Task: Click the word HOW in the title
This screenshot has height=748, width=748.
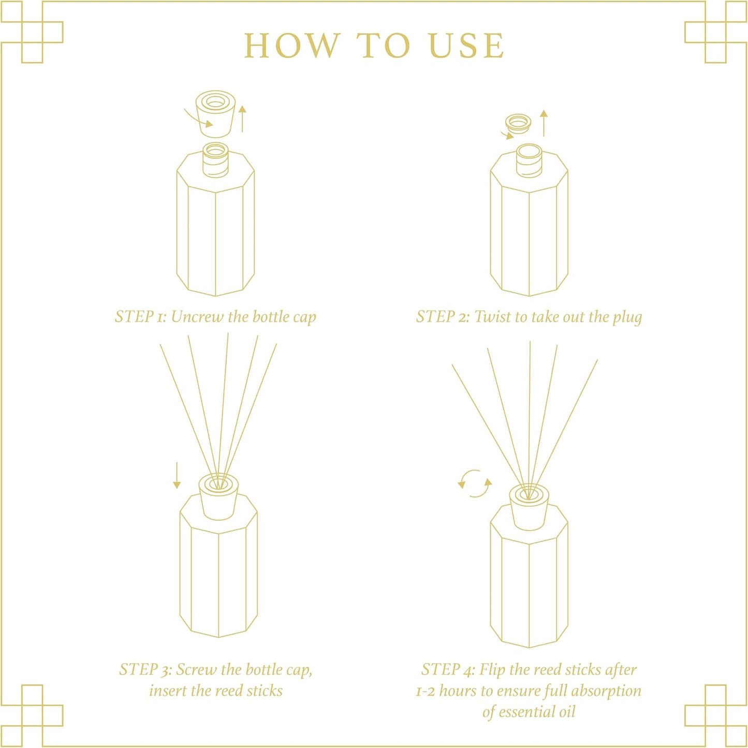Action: pos(292,46)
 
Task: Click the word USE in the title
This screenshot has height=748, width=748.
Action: pos(466,46)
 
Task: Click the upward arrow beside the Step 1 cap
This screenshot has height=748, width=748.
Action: pos(242,119)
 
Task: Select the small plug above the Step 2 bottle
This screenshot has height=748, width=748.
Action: pos(518,123)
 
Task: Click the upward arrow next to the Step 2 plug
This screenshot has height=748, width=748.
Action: pos(544,123)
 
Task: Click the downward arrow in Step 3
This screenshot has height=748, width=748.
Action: pos(177,475)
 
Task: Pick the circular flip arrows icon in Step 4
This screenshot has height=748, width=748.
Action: pos(475,483)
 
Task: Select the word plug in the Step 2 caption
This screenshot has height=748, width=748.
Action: pos(627,317)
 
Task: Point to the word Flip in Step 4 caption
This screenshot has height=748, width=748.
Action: pos(492,670)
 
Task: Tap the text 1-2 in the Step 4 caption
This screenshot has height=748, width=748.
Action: pos(426,692)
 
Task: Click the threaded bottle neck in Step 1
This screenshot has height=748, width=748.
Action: pos(215,160)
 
